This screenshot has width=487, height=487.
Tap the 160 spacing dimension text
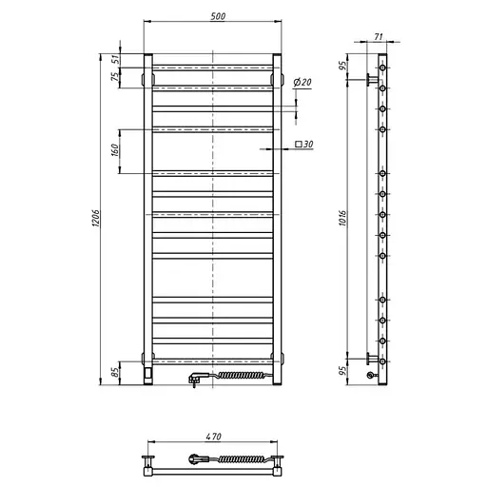pyautogui.click(x=113, y=150)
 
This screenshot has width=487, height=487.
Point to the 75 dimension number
pyautogui.click(x=113, y=79)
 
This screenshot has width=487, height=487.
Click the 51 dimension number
pyautogui.click(x=113, y=60)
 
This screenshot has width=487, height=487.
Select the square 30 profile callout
pyautogui.click(x=304, y=145)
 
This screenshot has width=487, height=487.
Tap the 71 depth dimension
pyautogui.click(x=379, y=36)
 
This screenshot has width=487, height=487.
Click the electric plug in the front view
pyautogui.click(x=194, y=379)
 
